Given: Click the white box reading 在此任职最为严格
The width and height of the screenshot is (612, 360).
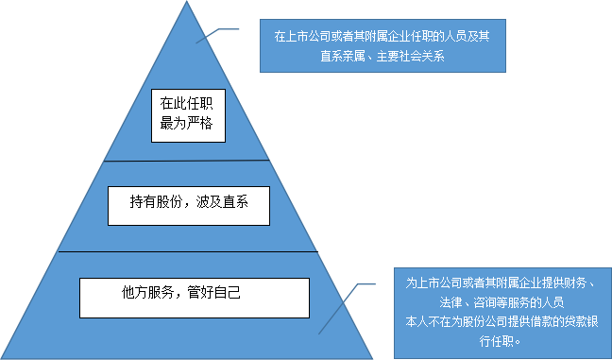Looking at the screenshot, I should (x=189, y=114).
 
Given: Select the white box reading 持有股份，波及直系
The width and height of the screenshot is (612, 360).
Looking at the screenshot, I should (x=189, y=204).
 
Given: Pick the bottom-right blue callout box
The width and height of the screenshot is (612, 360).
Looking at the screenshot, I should (x=502, y=313).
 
